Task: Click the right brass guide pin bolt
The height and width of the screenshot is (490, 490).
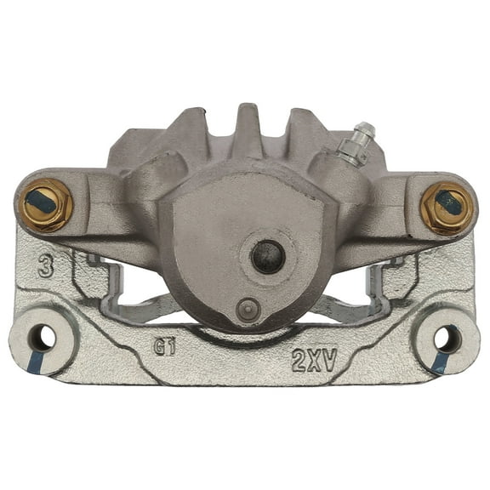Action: tap(447, 205)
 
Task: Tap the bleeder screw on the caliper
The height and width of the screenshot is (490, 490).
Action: tap(362, 136)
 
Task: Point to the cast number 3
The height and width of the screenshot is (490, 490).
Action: tap(45, 267)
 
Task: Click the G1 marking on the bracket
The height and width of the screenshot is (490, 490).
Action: tap(164, 346)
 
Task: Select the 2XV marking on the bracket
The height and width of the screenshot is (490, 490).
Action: tap(314, 360)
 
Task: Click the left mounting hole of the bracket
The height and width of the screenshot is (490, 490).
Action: tap(43, 339)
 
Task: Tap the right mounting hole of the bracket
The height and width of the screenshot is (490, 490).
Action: tap(447, 339)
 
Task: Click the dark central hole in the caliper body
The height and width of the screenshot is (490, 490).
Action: tap(268, 255)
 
